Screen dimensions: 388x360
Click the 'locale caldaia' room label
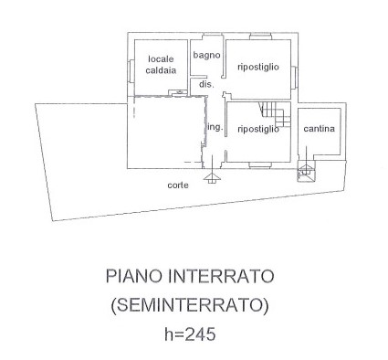(x=161, y=65)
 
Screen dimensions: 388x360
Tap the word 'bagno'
(x=206, y=56)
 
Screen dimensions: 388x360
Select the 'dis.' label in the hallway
(x=206, y=84)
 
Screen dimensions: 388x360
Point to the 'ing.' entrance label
(x=215, y=127)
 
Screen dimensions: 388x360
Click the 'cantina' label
(x=319, y=129)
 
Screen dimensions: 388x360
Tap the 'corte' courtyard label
(x=178, y=185)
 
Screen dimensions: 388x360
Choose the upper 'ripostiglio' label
(x=258, y=67)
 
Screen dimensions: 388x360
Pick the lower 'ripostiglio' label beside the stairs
(x=258, y=129)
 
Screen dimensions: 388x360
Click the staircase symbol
(x=275, y=114)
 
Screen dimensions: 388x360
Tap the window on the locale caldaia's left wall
(x=131, y=70)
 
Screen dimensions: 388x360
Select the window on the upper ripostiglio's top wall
(x=260, y=37)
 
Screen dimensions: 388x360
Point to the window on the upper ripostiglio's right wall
(x=294, y=78)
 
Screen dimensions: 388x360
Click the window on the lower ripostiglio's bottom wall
(x=260, y=165)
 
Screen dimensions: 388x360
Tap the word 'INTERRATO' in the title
(x=221, y=276)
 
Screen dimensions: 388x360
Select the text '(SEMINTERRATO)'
(x=190, y=305)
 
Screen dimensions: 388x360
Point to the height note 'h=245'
(x=190, y=334)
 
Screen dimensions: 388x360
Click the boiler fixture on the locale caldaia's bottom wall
(x=179, y=92)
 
